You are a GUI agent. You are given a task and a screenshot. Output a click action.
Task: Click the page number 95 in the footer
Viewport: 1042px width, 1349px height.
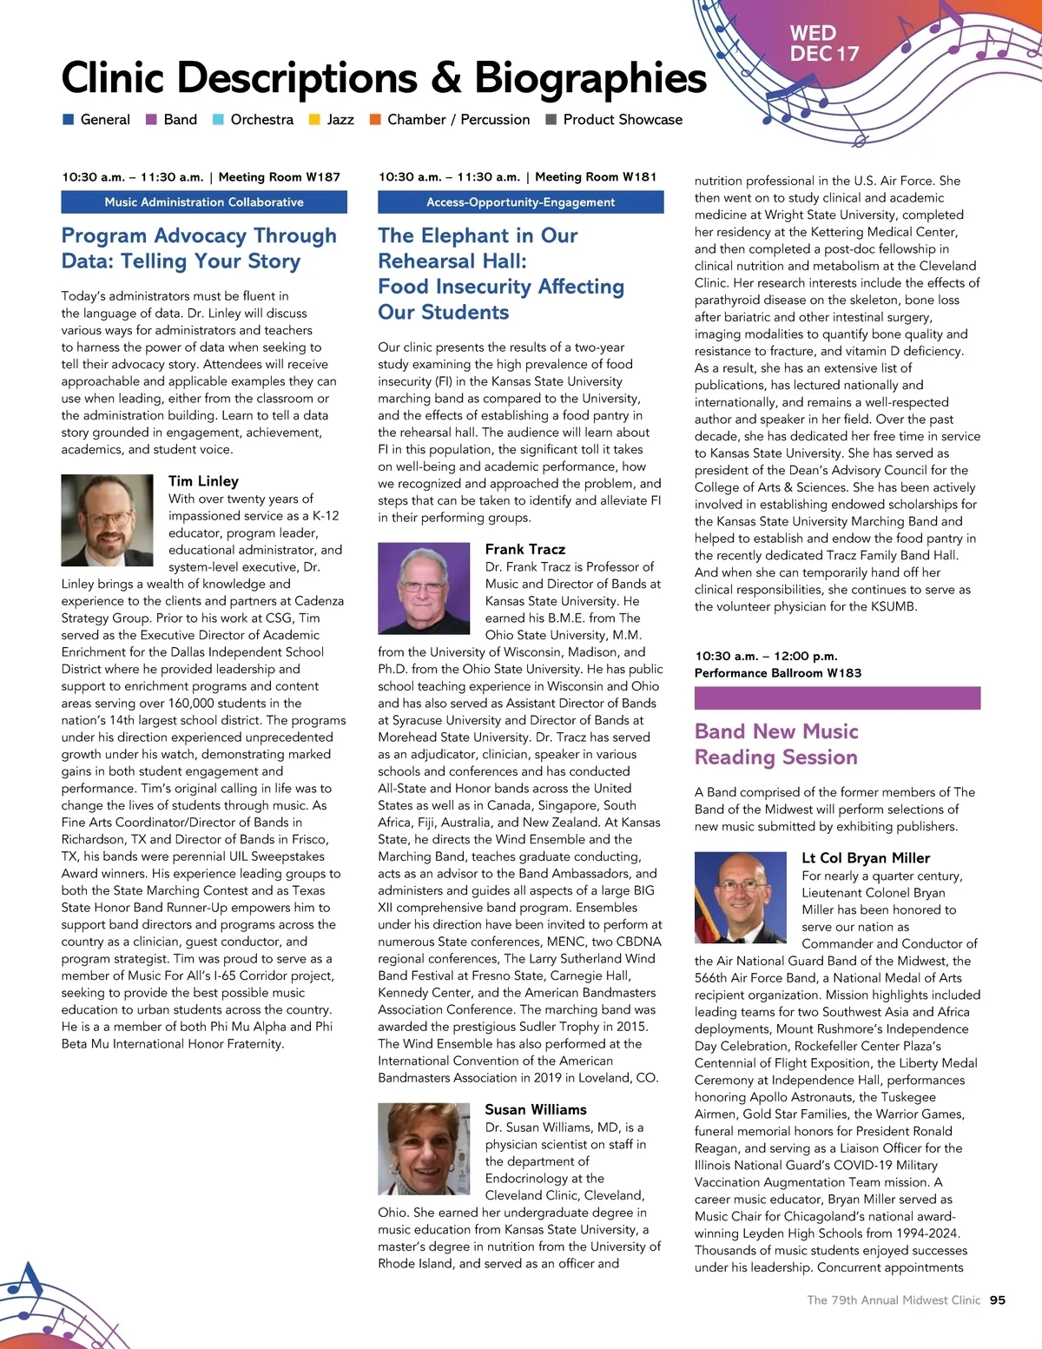click(x=998, y=1300)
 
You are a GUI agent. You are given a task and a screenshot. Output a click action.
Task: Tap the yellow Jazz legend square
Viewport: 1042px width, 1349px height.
click(x=314, y=120)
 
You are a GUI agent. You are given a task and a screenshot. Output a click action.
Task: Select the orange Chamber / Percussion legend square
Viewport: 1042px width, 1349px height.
click(x=375, y=120)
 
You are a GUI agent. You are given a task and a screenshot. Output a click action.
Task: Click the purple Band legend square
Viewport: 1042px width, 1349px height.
click(x=151, y=120)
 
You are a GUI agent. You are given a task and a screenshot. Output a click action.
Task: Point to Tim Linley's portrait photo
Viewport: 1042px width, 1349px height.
click(x=107, y=520)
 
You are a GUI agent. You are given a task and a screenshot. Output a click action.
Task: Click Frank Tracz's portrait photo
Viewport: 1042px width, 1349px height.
click(x=424, y=588)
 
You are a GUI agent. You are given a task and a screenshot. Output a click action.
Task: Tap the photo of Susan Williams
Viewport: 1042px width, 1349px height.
click(x=424, y=1148)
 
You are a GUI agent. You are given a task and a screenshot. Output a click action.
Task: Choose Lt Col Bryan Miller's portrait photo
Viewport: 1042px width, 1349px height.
click(x=741, y=897)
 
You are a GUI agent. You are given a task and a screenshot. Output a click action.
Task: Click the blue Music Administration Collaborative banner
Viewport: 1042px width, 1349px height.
click(x=204, y=202)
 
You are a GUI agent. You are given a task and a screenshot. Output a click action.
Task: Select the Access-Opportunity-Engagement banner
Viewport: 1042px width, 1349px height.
click(x=520, y=202)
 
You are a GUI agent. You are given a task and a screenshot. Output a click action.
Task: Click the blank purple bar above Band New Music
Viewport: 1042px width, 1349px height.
click(x=837, y=698)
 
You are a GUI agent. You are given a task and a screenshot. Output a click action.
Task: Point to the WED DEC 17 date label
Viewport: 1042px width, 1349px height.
click(x=823, y=43)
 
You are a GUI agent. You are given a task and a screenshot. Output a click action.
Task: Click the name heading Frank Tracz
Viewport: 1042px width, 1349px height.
click(x=525, y=549)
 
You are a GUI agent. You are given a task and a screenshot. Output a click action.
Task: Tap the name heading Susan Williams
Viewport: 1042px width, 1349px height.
click(x=536, y=1109)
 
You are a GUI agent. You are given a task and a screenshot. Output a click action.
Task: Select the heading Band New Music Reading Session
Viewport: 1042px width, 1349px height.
click(x=776, y=744)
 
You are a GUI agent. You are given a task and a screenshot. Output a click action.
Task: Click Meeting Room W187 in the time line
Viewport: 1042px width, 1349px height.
click(x=279, y=177)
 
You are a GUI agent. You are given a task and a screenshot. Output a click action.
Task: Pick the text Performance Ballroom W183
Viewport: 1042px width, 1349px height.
click(x=778, y=673)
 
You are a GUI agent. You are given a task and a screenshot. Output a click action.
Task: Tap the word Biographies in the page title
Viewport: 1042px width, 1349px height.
click(x=590, y=77)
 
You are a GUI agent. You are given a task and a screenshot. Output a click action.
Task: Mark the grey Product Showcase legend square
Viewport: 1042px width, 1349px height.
click(x=551, y=120)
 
